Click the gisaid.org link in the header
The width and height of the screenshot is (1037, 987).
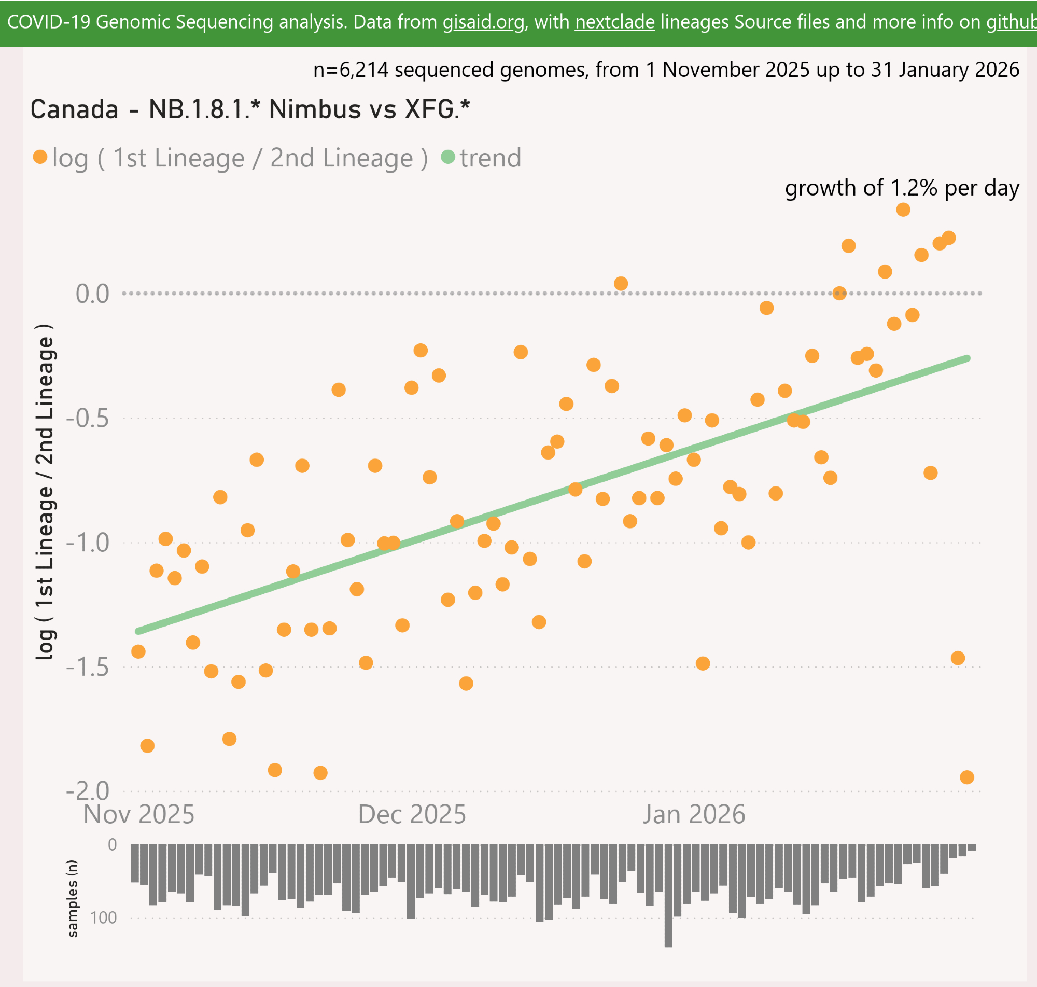pos(483,22)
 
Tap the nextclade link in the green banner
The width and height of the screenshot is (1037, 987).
pos(615,22)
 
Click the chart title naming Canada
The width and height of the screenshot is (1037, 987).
pos(250,109)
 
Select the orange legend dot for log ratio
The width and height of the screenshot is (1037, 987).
pos(40,157)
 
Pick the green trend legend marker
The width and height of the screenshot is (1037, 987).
pos(448,157)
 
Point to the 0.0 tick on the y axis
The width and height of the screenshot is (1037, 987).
pos(92,294)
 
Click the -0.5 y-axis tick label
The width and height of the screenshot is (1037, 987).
pos(87,418)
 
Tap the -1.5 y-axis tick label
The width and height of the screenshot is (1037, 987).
pos(87,667)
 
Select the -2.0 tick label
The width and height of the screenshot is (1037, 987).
pos(87,791)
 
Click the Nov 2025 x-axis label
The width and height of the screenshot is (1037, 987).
pos(139,814)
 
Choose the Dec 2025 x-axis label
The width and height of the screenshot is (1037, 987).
pos(412,814)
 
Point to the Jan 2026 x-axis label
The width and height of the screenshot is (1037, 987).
pos(694,814)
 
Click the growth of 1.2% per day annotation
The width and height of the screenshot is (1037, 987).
pos(902,188)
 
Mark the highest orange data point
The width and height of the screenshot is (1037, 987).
pos(903,210)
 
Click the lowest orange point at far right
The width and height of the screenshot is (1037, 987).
pos(966,777)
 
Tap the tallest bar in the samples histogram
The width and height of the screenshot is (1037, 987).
pos(668,895)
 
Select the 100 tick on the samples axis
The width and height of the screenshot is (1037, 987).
pos(103,918)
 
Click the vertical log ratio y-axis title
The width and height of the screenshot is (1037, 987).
pos(45,492)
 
